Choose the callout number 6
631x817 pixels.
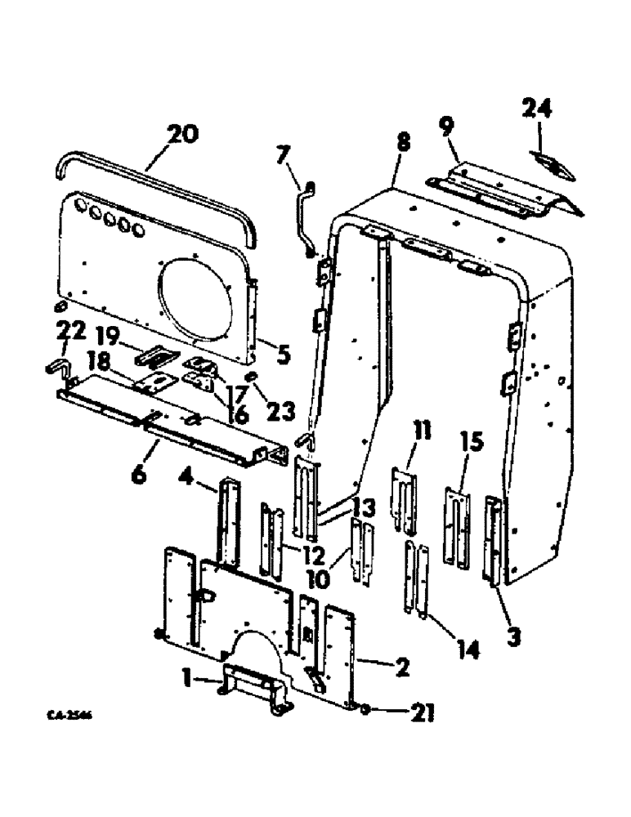pos(139,472)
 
